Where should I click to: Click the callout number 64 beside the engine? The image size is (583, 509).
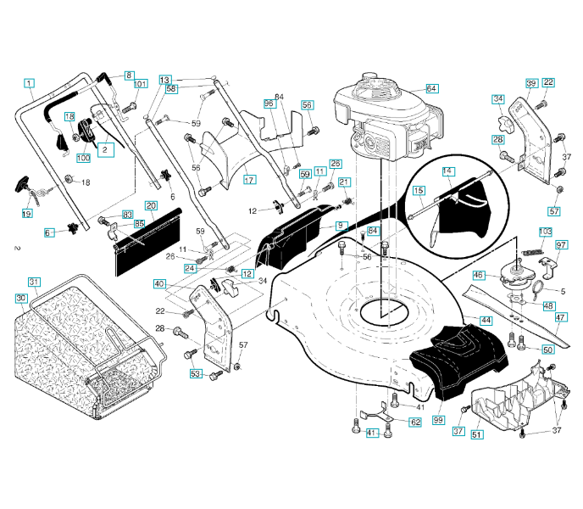[x=432, y=88]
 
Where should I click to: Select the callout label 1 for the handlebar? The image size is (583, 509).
[x=29, y=83]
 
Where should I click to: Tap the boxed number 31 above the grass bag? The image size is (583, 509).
[x=34, y=282]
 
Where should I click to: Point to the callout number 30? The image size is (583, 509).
[x=21, y=298]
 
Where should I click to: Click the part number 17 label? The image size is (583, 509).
[x=249, y=180]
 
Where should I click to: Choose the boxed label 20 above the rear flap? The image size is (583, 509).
[x=150, y=205]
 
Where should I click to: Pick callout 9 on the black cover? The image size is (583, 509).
[x=341, y=225]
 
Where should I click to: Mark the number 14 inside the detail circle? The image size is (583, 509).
[x=447, y=171]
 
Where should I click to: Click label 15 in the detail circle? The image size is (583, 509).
[x=419, y=191]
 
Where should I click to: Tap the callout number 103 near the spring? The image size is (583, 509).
[x=546, y=232]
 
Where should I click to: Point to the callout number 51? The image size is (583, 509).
[x=477, y=435]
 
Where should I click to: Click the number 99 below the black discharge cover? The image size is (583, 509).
[x=438, y=420]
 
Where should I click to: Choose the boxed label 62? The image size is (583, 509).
[x=415, y=422]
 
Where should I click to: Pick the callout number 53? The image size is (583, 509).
[x=196, y=373]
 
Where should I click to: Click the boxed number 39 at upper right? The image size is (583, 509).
[x=531, y=83]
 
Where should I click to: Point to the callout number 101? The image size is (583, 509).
[x=141, y=83]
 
